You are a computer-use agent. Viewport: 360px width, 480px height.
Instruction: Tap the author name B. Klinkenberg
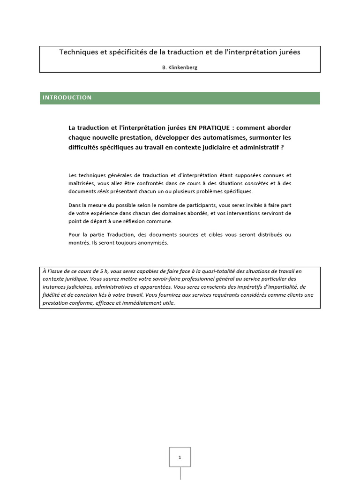point(180,67)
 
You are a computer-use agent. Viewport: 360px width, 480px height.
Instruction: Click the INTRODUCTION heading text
point(67,97)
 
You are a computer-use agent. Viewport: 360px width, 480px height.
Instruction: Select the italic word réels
point(103,191)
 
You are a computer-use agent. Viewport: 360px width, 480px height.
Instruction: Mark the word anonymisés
point(150,243)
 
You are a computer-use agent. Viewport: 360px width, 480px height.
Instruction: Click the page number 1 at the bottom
point(180,457)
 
